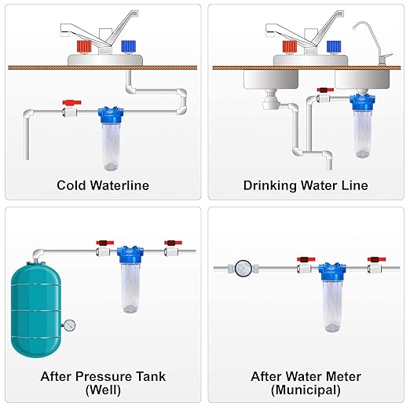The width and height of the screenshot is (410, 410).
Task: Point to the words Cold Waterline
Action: [102, 185]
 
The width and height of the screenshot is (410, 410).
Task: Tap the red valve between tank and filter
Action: [101, 243]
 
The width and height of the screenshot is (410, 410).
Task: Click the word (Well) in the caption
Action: [103, 390]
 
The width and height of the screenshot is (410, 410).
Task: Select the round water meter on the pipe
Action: [243, 269]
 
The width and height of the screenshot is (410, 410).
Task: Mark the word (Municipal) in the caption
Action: [307, 390]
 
